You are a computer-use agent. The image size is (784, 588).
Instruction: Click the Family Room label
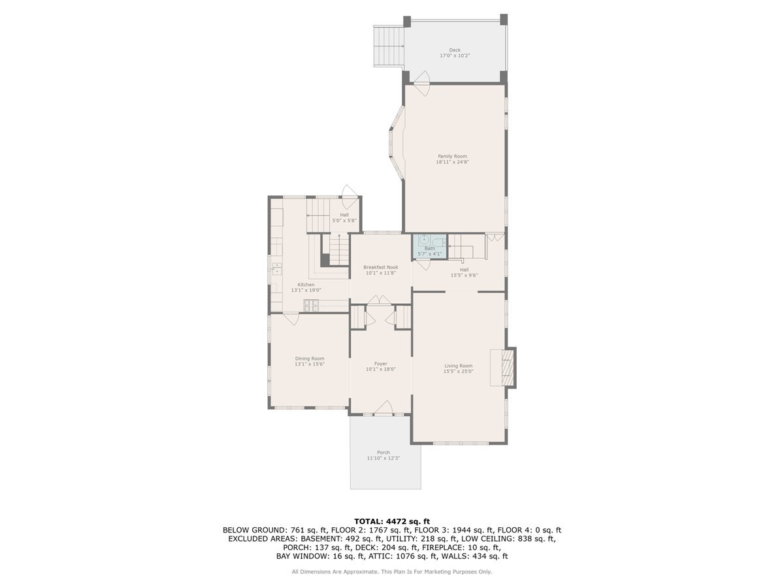[452, 156]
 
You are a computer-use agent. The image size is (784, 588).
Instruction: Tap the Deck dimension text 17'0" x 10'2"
[454, 56]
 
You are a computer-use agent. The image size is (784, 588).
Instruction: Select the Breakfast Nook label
[381, 267]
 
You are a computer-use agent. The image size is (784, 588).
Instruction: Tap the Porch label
[384, 452]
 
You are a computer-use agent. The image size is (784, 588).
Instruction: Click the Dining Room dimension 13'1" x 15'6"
[310, 364]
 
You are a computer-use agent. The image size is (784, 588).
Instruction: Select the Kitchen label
[306, 284]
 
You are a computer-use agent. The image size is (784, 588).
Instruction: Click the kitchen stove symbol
[311, 305]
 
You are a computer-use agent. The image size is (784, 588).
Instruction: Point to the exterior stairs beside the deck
[388, 45]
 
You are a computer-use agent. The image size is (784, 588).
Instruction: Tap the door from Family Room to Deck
[418, 78]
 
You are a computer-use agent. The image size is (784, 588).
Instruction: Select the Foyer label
[381, 363]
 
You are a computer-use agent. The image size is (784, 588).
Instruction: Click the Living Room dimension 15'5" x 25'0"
[459, 371]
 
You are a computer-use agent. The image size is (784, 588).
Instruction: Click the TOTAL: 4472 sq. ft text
[391, 521]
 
